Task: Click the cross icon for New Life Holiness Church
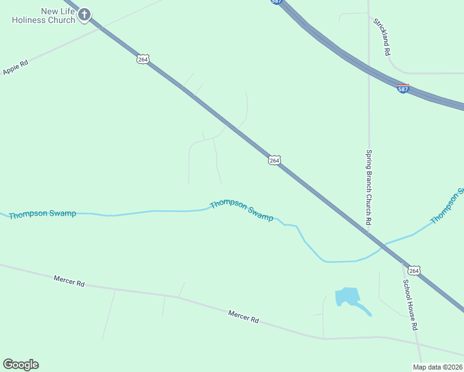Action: click(84, 14)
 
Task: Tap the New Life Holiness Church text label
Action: click(43, 15)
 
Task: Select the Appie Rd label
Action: click(16, 68)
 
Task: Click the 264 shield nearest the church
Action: click(143, 59)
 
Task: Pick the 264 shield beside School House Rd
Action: click(414, 270)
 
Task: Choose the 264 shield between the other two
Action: click(275, 160)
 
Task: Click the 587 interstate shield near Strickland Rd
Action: click(403, 89)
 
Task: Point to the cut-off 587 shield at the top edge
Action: click(276, 2)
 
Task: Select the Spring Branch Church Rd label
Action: click(368, 187)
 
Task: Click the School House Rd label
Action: click(410, 304)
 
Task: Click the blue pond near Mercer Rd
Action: click(348, 298)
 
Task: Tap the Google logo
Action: click(20, 365)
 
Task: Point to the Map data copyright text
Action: click(437, 367)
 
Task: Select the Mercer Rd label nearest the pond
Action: click(243, 317)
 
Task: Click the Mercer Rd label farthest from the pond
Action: click(69, 281)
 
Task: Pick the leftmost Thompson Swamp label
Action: click(42, 214)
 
